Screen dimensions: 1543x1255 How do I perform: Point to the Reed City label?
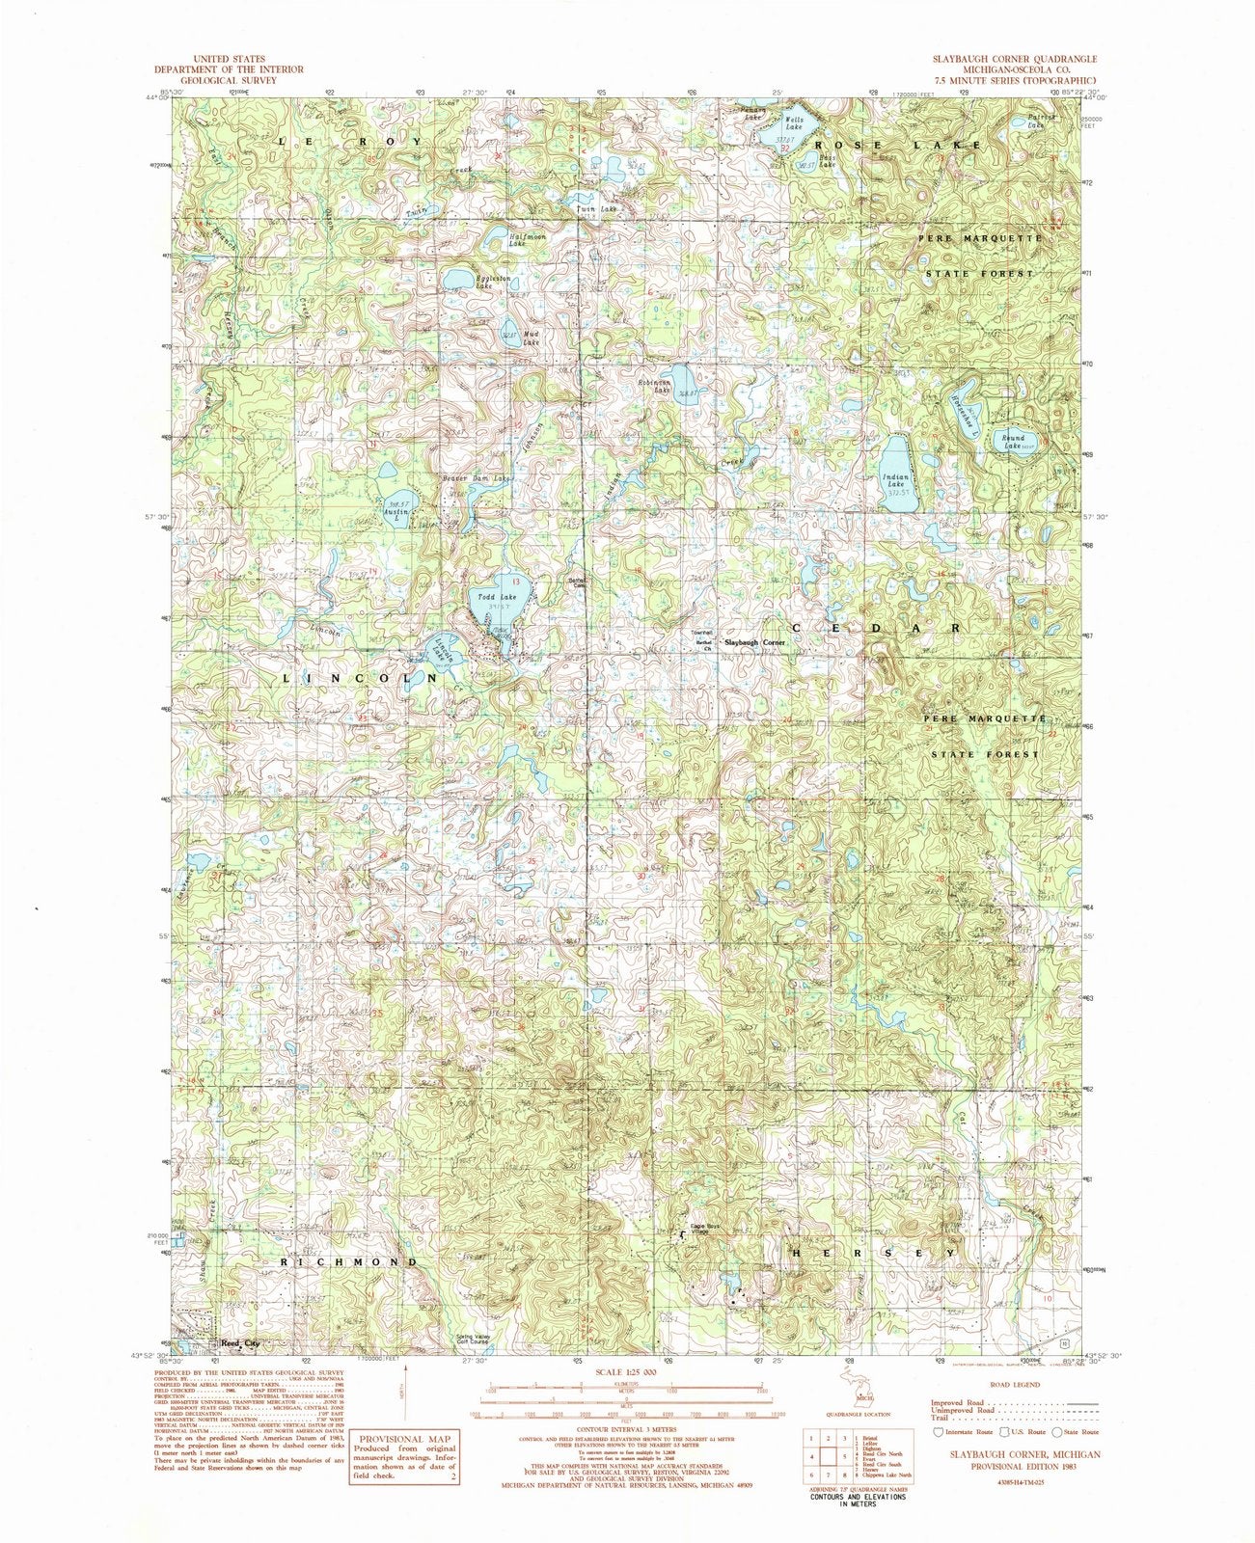(239, 1342)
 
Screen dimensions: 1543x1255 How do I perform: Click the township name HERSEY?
(874, 1252)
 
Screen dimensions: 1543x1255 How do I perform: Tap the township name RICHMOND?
(350, 1261)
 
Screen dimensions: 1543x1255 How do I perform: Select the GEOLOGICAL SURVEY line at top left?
(232, 80)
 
